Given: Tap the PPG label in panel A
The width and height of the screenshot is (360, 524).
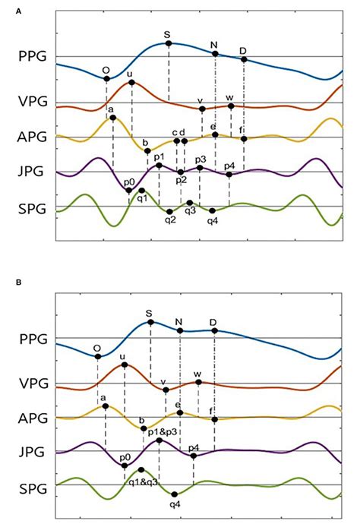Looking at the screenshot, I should [x=35, y=55].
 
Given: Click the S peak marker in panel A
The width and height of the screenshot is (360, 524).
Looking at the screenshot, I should [x=169, y=43].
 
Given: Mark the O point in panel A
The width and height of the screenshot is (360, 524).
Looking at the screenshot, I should [x=106, y=78].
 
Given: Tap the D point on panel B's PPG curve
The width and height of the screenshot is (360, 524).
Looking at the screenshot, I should [x=215, y=330].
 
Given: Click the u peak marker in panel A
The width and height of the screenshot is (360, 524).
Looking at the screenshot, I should [x=131, y=82].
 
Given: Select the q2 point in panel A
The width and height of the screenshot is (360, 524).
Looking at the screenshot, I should [x=169, y=211].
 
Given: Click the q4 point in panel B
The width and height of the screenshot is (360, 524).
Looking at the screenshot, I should [x=174, y=494].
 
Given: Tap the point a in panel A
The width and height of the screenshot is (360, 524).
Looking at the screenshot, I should [x=112, y=118].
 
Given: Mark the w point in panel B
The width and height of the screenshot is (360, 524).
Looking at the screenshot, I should [x=198, y=382].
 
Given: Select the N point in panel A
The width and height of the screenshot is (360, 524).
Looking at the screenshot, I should [x=215, y=54].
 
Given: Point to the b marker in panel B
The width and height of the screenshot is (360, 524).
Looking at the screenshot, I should [x=144, y=428].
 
